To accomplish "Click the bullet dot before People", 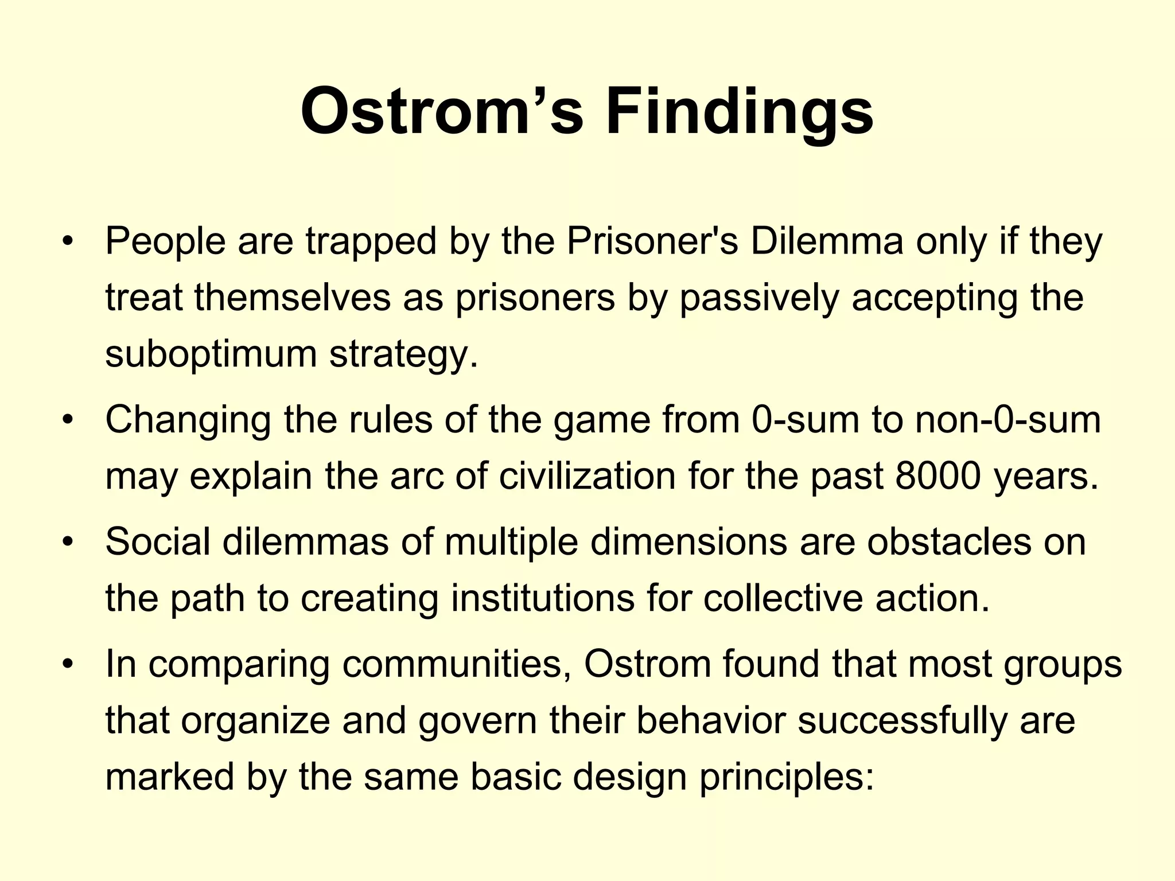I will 68,241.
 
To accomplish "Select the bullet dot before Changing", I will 68,420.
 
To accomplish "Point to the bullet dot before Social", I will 68,542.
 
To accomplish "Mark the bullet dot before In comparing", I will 68,664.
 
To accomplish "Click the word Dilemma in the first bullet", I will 827,241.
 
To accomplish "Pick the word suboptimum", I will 211,354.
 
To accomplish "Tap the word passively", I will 759,298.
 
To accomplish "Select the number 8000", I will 937,476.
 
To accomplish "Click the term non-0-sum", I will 1008,420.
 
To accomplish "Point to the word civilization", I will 587,476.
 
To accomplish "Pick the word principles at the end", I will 787,777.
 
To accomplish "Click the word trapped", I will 371,241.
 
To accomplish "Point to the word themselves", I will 292,298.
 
